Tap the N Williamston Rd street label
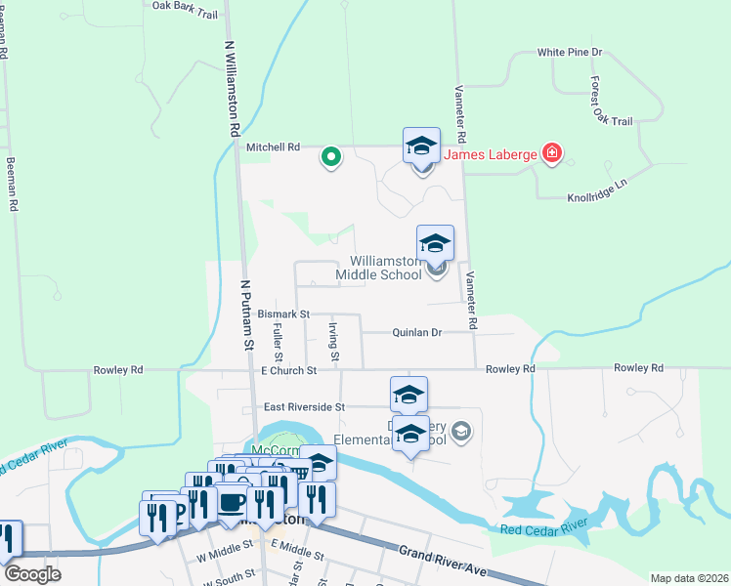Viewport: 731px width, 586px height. point(234,87)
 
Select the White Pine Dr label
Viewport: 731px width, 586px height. point(569,52)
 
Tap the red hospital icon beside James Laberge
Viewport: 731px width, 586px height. point(553,152)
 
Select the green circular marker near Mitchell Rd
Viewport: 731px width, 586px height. point(331,155)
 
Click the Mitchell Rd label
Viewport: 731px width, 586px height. point(273,147)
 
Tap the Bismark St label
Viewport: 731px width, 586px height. point(283,314)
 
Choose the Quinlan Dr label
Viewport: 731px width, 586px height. point(417,332)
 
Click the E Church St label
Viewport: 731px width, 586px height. point(289,371)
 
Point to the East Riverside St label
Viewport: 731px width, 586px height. point(305,406)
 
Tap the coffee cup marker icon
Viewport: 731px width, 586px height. point(233,503)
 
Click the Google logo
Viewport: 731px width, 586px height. point(32,574)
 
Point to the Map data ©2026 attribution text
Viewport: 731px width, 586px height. point(689,578)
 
